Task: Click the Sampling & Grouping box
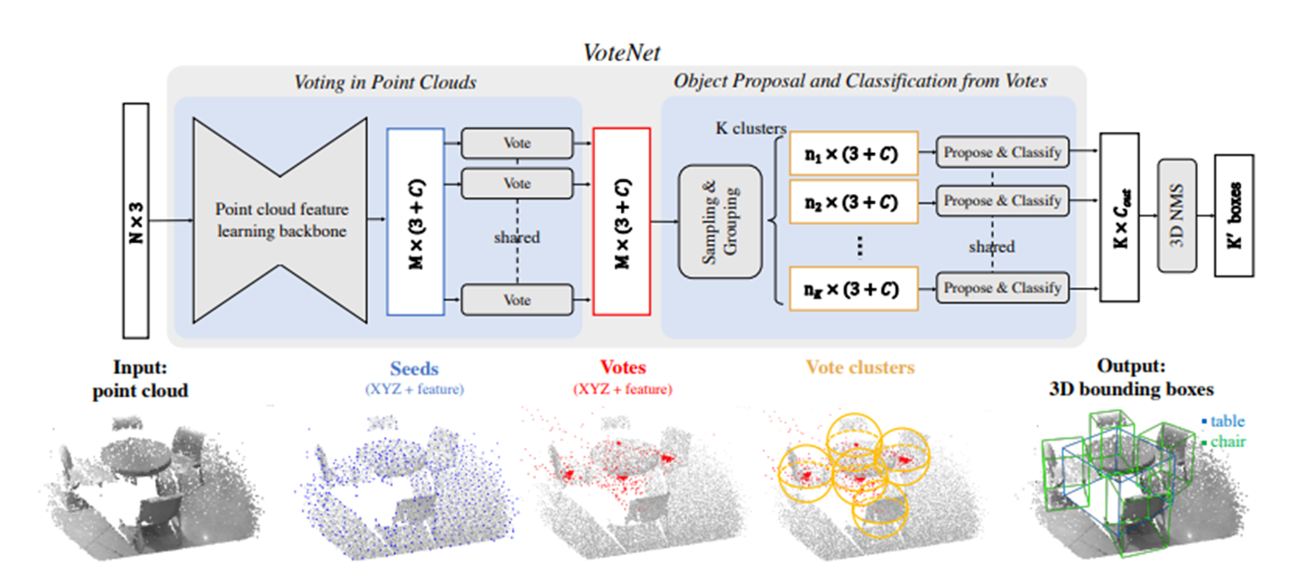(x=720, y=221)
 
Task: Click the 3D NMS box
(x=1177, y=216)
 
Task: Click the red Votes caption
(x=623, y=368)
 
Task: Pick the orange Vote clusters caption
(x=860, y=368)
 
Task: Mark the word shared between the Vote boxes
(x=517, y=238)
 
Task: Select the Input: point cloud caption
(x=140, y=378)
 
